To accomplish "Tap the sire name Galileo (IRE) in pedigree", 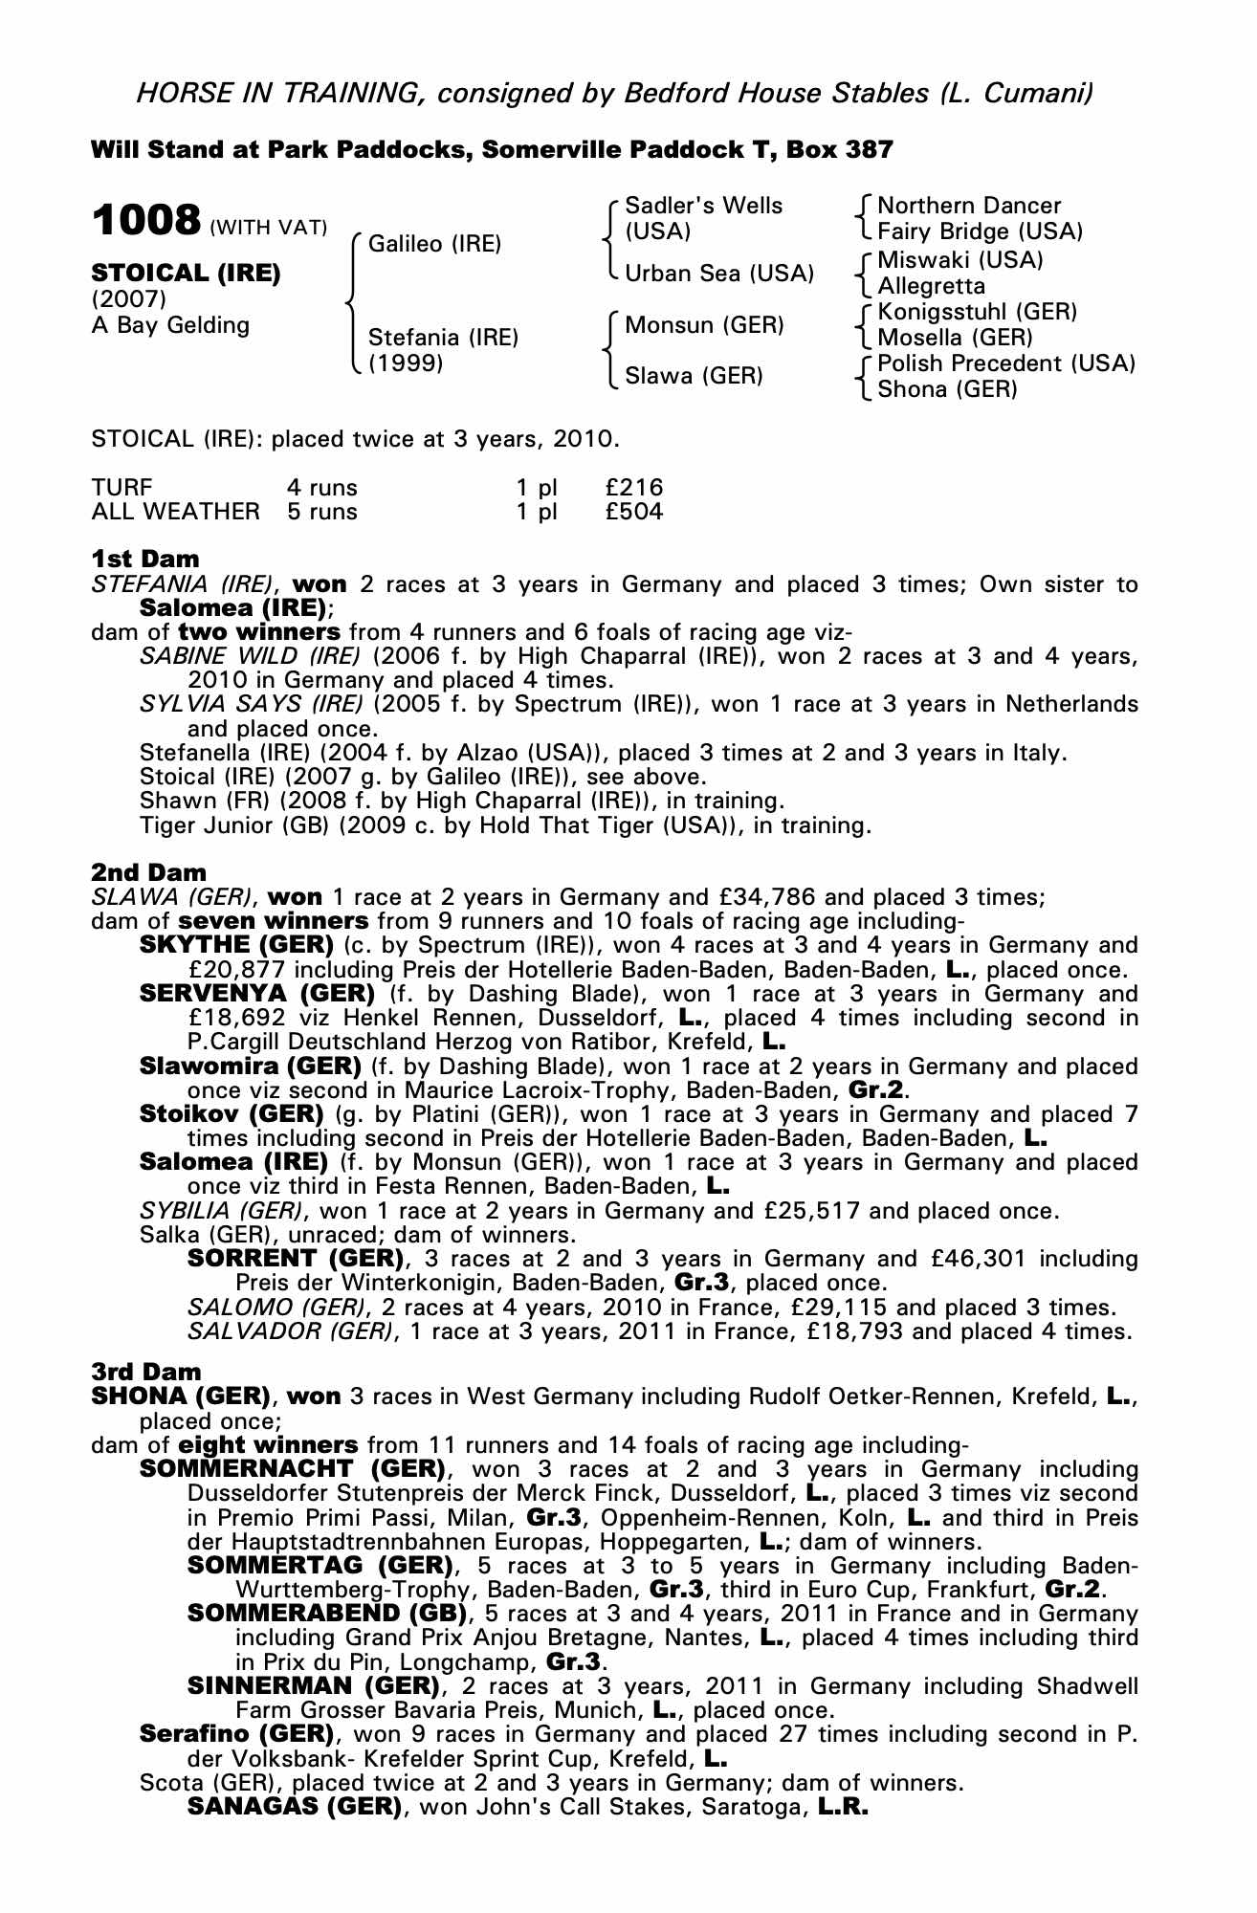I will coord(434,244).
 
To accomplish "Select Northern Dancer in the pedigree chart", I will coord(968,206).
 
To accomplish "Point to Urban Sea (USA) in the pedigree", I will coord(718,274).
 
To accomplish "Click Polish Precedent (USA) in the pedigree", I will coord(1005,363).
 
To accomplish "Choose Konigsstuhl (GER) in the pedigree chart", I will coord(977,312).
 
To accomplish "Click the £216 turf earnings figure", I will coord(633,487).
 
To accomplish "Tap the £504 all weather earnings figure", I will coord(633,512).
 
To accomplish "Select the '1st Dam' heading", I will coord(145,559).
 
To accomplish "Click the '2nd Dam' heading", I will coord(148,872).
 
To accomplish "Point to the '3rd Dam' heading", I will coord(146,1372).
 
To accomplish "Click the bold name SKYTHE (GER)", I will coord(236,945).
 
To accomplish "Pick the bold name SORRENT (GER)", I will coord(295,1258).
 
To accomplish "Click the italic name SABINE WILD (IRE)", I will coord(250,656).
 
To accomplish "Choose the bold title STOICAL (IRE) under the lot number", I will coord(186,273).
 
